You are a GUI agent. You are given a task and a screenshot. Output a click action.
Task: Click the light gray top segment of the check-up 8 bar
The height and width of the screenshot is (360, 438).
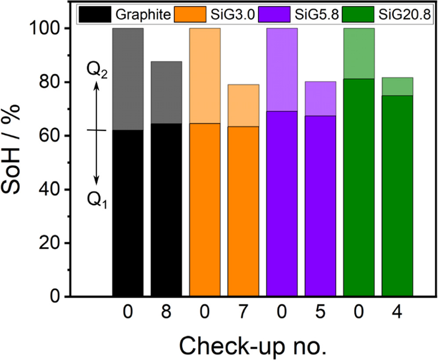tap(166, 92)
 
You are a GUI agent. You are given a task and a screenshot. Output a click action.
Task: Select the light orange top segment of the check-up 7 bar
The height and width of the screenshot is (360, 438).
tap(243, 105)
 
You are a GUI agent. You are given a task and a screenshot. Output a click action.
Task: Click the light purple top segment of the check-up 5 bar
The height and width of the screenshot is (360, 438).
tap(320, 98)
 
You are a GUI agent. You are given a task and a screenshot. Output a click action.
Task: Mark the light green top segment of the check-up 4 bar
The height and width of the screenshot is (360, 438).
tap(397, 86)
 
